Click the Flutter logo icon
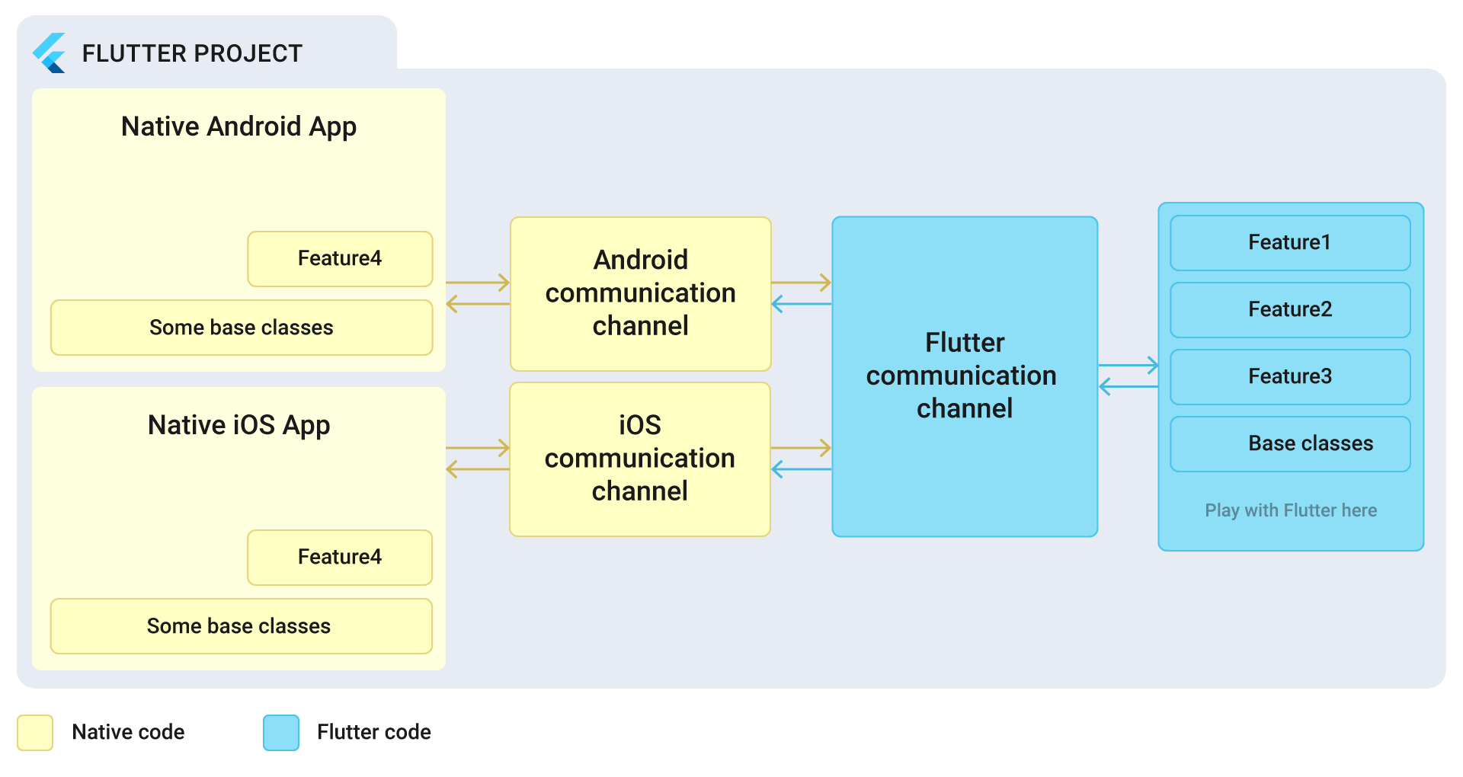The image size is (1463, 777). (x=50, y=53)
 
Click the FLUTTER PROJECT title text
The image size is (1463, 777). (x=192, y=53)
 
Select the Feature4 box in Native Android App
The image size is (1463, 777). (x=340, y=259)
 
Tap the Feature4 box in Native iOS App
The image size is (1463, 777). (x=340, y=558)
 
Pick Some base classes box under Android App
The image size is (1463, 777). (x=241, y=328)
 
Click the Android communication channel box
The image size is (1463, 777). (x=640, y=293)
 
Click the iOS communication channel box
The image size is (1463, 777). (x=640, y=459)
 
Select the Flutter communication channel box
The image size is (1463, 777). (x=965, y=376)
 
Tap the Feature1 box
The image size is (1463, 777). (x=1289, y=243)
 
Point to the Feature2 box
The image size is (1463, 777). (x=1289, y=310)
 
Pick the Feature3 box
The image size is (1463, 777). (x=1289, y=377)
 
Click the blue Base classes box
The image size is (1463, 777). (x=1289, y=444)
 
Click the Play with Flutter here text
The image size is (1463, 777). (x=1291, y=510)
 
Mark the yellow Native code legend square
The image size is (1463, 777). (x=35, y=733)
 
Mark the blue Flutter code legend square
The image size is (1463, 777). (x=281, y=733)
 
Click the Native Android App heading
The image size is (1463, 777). (x=238, y=126)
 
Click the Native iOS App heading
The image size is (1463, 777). (x=238, y=425)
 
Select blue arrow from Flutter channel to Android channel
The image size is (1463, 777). (x=801, y=305)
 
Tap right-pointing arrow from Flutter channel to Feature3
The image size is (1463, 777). (x=1128, y=366)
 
